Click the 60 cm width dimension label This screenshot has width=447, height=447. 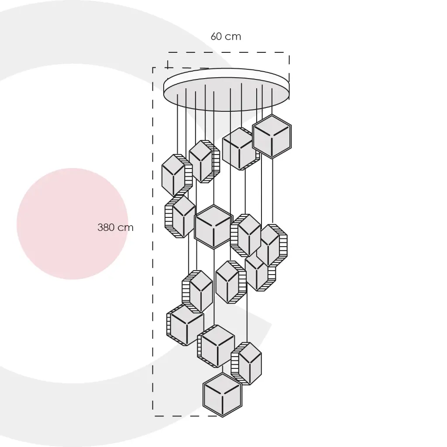tap(226, 37)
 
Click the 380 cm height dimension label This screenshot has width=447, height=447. tap(115, 227)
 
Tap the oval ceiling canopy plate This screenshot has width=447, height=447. tap(227, 90)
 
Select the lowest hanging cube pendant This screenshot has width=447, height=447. tap(222, 395)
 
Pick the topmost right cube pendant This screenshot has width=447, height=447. tap(272, 137)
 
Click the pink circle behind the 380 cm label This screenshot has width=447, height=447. tap(72, 224)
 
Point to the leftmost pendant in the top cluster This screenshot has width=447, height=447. tap(177, 175)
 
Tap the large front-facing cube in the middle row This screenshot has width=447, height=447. tap(214, 227)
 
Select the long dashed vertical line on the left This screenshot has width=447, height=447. tap(153, 242)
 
